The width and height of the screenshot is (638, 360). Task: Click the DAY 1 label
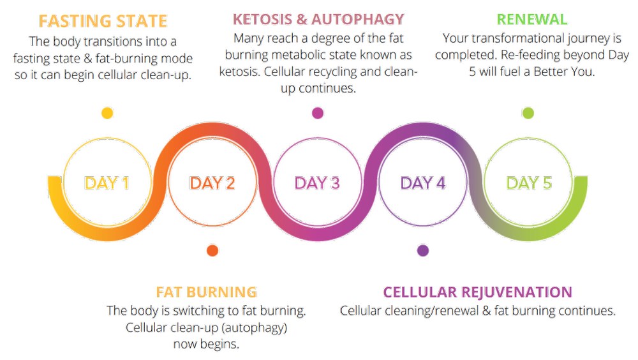click(107, 183)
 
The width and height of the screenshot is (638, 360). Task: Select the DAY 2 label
click(212, 183)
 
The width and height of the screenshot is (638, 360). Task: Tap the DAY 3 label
click(317, 183)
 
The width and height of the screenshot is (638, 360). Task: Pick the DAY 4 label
click(422, 183)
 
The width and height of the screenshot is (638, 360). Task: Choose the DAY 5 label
click(529, 183)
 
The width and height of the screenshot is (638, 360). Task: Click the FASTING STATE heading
click(103, 21)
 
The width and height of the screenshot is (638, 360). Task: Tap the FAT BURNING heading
click(206, 292)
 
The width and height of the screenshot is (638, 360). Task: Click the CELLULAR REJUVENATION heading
click(477, 292)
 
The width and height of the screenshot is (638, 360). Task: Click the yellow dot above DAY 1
click(107, 114)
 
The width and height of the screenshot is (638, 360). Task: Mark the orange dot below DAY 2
click(213, 250)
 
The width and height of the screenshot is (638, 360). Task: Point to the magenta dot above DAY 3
click(317, 114)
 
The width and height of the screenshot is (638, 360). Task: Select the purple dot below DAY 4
click(422, 250)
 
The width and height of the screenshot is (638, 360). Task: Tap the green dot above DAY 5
click(528, 114)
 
